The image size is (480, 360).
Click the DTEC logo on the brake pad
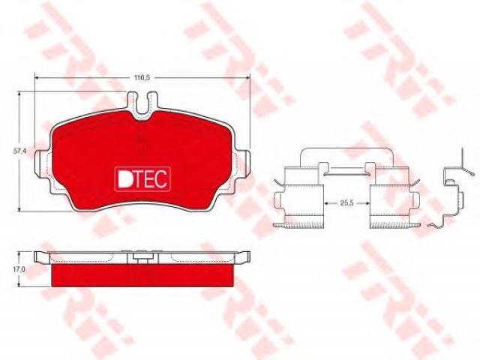coord(142,179)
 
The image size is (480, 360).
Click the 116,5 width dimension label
coord(142,78)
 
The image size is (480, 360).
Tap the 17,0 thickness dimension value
coord(19,269)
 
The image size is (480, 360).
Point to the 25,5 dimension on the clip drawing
coord(346,202)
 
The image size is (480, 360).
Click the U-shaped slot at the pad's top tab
coord(142,103)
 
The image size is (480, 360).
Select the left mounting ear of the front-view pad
coord(42,163)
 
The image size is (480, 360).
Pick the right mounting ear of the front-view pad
coord(243,163)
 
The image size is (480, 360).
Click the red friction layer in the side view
coord(142,275)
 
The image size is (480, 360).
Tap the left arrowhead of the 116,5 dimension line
coord(37,78)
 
